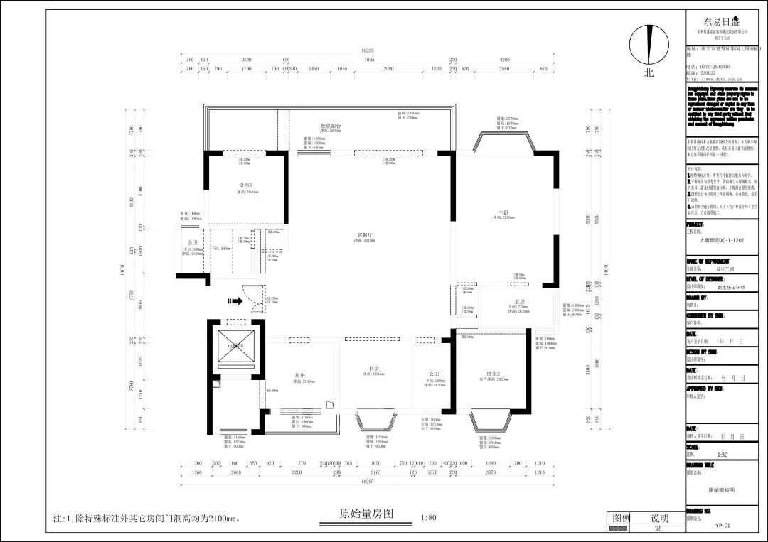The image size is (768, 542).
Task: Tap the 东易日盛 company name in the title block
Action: tap(722, 21)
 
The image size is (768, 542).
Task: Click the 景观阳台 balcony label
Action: tap(330, 125)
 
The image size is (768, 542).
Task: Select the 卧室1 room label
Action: tap(246, 185)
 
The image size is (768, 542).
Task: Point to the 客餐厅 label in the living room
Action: tap(366, 234)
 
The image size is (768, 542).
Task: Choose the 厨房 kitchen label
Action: tap(300, 375)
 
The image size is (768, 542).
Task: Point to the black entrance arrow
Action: tap(231, 300)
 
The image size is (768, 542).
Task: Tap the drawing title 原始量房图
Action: tap(366, 513)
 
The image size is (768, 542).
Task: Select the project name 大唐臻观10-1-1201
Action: tap(722, 240)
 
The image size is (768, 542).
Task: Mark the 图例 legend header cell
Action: tap(622, 518)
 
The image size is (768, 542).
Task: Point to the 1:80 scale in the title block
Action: tap(722, 455)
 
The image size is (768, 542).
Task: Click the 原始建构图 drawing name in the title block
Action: tap(721, 490)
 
